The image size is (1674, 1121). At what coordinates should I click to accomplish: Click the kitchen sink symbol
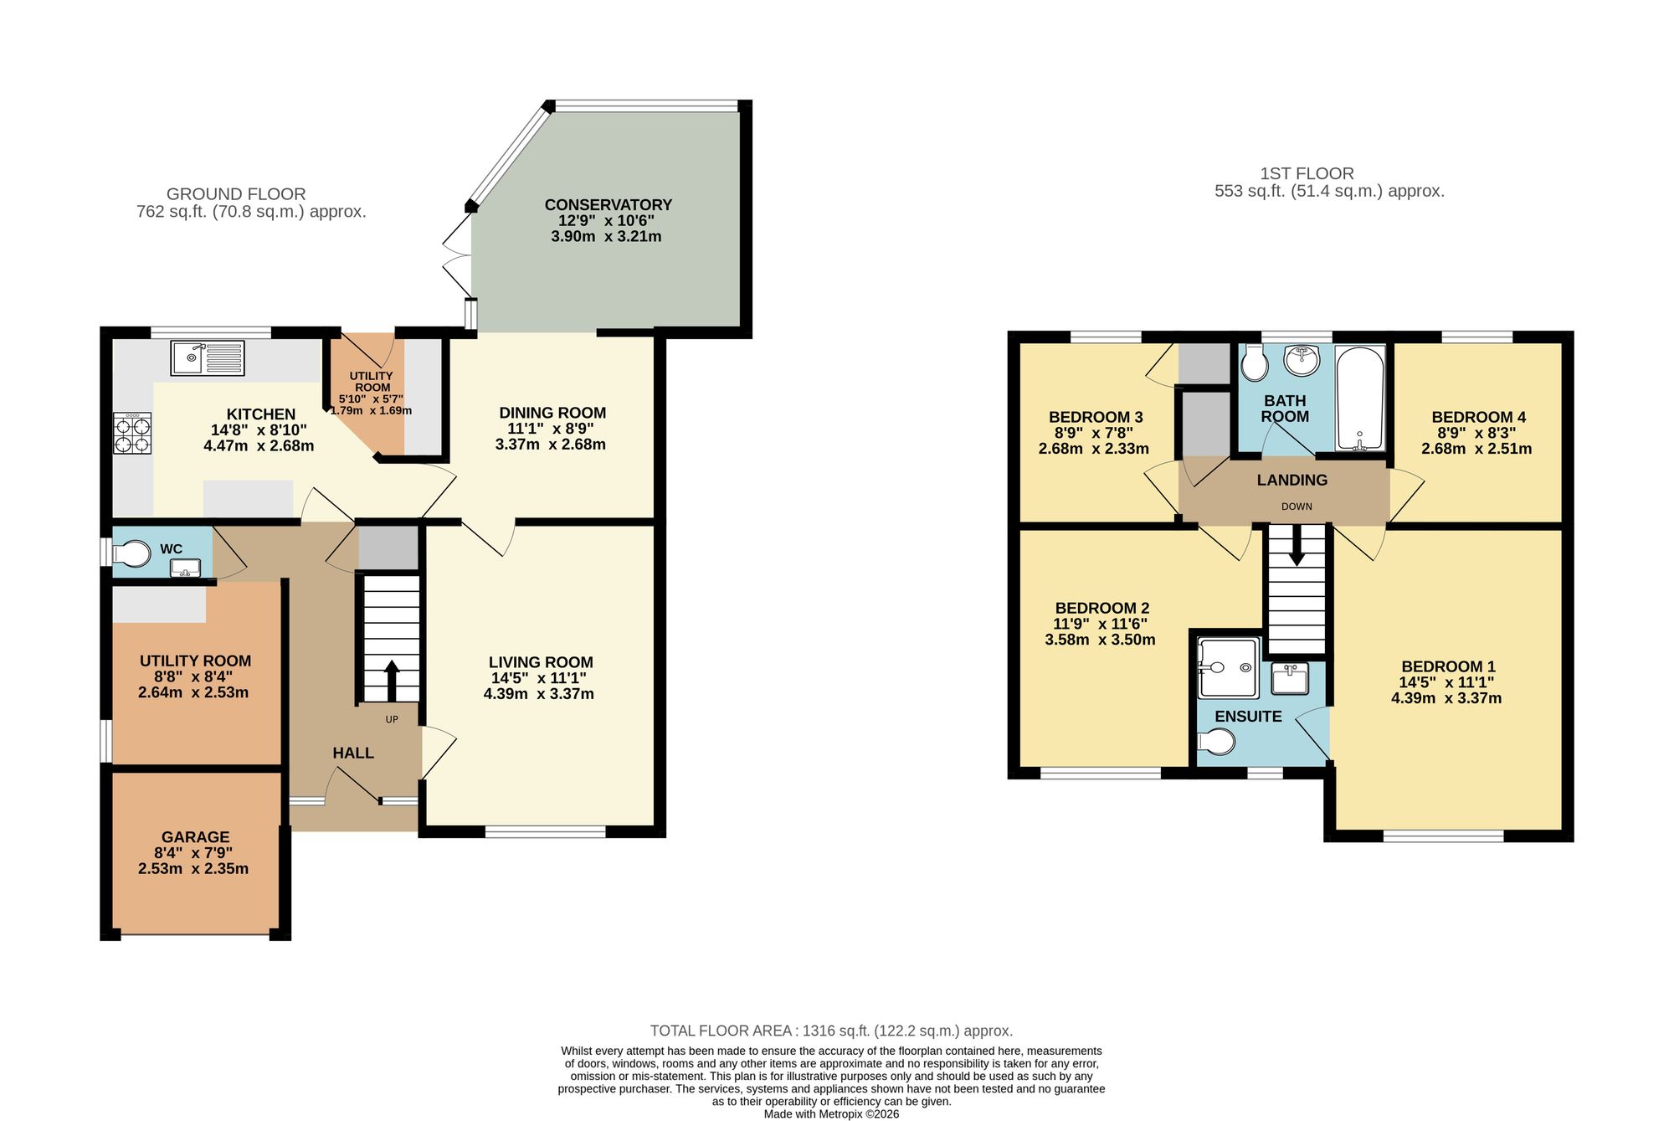(208, 357)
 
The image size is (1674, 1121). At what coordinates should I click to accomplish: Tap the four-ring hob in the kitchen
(132, 434)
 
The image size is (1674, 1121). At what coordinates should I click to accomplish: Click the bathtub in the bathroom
(1360, 398)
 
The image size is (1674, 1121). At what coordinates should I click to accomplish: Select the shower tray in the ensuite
(1228, 667)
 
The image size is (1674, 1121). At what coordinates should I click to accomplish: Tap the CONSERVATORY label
(608, 205)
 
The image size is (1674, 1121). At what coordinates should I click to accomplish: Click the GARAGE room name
(195, 837)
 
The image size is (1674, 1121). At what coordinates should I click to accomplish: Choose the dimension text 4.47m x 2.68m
(259, 446)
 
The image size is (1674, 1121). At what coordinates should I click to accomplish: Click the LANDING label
(1291, 481)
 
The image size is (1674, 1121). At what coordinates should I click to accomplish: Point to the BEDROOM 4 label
(1478, 417)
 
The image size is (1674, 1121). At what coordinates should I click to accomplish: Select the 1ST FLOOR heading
(1307, 174)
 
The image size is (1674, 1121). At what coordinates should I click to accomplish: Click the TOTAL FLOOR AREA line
(831, 1031)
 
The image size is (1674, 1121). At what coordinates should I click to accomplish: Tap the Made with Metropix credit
(831, 1114)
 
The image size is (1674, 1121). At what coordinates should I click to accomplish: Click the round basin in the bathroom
(1302, 361)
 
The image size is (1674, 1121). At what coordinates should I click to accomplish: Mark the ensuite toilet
(1216, 741)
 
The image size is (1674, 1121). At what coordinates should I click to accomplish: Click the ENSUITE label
(1248, 717)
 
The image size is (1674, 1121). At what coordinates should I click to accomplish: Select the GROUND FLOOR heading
(236, 194)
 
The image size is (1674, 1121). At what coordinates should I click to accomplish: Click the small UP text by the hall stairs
(392, 719)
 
